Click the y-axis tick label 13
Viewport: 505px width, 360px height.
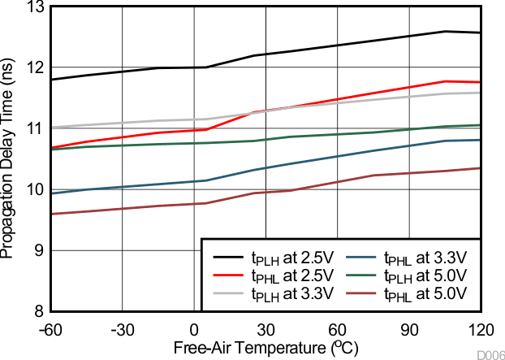tap(34, 7)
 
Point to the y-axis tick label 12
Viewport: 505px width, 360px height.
tap(34, 68)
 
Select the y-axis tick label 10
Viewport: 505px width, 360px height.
tap(34, 190)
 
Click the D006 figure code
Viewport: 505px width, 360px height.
tap(489, 354)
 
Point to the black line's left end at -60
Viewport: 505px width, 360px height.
tap(50, 80)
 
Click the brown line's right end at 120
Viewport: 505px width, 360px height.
tap(481, 168)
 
